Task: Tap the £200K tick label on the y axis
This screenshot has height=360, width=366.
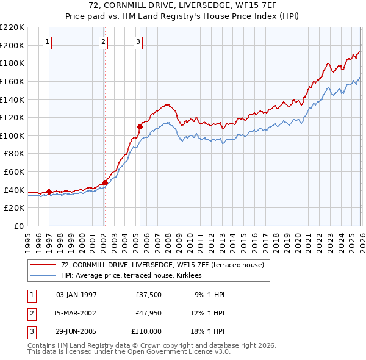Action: pyautogui.click(x=12, y=45)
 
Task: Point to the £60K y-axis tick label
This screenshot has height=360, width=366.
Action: pyautogui.click(x=14, y=172)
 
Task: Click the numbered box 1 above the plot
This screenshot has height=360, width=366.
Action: pyautogui.click(x=48, y=42)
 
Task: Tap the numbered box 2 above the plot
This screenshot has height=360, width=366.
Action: pyautogui.click(x=104, y=42)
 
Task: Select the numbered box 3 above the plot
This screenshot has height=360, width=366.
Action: pyautogui.click(x=138, y=42)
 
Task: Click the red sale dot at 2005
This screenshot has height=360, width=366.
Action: pyautogui.click(x=140, y=126)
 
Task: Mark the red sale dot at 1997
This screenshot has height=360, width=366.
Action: pyautogui.click(x=49, y=192)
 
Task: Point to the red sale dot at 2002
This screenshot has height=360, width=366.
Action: pyautogui.click(x=105, y=182)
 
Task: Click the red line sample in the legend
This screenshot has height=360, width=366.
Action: pyautogui.click(x=43, y=265)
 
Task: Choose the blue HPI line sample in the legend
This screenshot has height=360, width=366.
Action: pyautogui.click(x=43, y=275)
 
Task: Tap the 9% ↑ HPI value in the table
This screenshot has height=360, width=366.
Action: pyautogui.click(x=209, y=295)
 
